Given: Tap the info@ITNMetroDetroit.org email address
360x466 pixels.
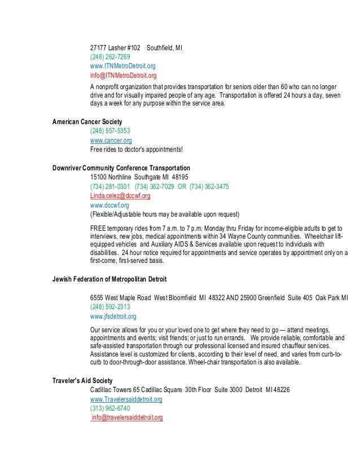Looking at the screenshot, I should pyautogui.click(x=123, y=75).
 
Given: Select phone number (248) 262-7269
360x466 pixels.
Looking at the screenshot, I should pyautogui.click(x=110, y=57).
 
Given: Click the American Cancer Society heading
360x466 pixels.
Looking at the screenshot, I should pyautogui.click(x=87, y=121).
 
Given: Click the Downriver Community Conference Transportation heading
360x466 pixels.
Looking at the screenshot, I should pyautogui.click(x=121, y=168).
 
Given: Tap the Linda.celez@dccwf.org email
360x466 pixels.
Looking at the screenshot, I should pyautogui.click(x=120, y=196).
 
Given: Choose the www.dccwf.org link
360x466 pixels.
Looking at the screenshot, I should pyautogui.click(x=109, y=205).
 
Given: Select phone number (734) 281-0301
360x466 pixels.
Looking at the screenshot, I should pyautogui.click(x=110, y=187).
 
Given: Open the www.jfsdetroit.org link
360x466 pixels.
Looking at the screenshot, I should pyautogui.click(x=113, y=316).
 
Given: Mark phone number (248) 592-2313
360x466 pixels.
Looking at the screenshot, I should pyautogui.click(x=110, y=307).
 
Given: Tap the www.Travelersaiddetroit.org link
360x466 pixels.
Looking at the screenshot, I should pyautogui.click(x=126, y=399).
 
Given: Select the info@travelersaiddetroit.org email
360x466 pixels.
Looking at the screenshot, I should pyautogui.click(x=127, y=418).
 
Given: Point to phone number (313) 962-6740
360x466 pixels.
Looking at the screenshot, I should pyautogui.click(x=110, y=408).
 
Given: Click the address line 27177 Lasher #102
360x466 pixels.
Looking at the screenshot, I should pyautogui.click(x=115, y=47).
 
